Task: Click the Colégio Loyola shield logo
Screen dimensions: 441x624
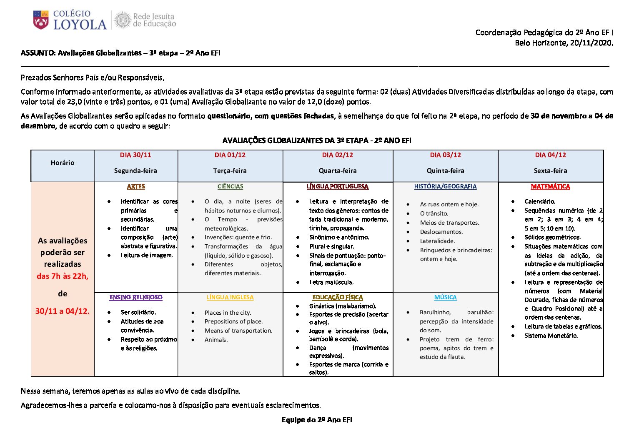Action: pos(41,20)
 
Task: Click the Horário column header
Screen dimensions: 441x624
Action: pos(63,163)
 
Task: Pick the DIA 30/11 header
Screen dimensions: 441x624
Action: pos(135,155)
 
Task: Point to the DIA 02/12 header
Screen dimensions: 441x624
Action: pos(337,155)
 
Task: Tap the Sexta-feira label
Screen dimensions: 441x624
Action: pos(550,170)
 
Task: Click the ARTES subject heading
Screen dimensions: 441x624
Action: pos(136,187)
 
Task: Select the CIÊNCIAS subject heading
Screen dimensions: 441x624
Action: pos(230,187)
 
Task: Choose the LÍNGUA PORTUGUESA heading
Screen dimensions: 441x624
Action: pos(337,187)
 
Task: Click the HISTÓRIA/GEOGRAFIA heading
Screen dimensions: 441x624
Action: pos(445,187)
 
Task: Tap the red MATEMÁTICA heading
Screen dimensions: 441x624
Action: pos(550,187)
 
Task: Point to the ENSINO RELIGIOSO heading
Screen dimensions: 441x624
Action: pos(136,297)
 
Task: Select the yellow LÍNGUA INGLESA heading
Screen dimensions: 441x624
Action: pos(230,297)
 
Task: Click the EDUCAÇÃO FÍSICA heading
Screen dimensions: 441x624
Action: pos(337,297)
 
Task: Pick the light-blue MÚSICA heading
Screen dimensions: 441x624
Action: pos(445,297)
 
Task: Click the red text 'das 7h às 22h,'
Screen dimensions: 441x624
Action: pos(63,276)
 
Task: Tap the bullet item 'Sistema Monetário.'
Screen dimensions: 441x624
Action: pos(551,336)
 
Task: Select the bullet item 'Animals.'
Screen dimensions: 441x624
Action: pos(216,340)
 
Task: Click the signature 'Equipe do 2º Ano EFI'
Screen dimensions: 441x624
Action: pos(317,420)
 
